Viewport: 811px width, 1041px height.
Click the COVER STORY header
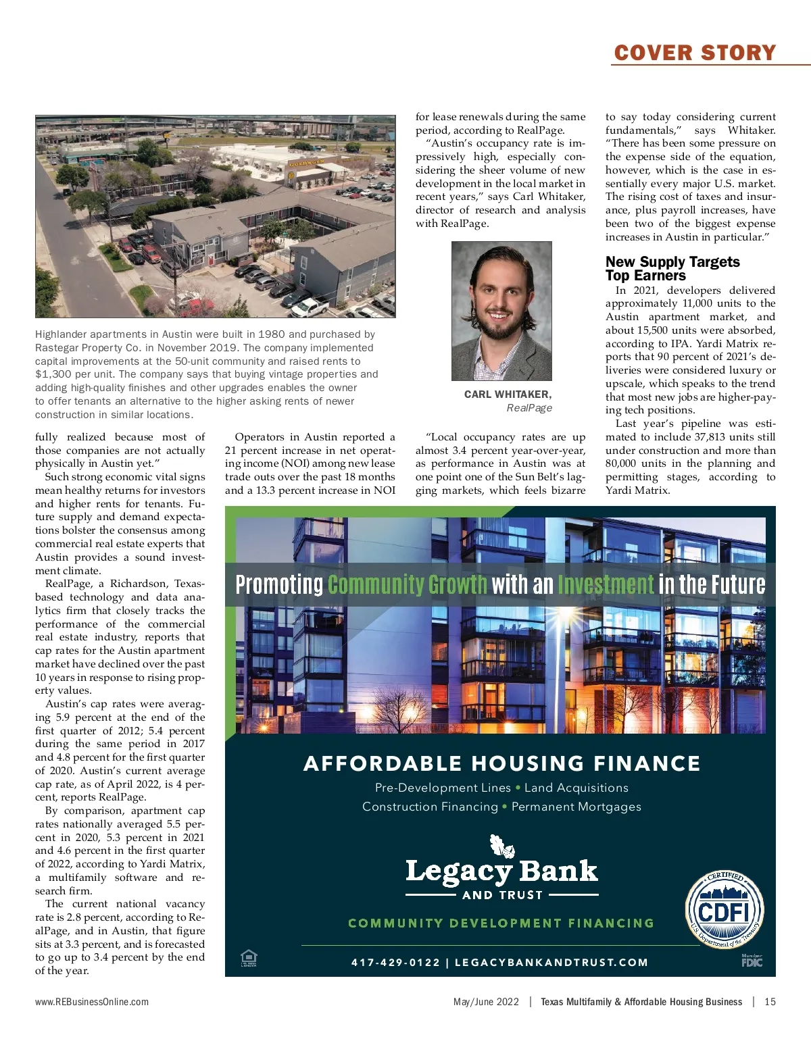(x=695, y=53)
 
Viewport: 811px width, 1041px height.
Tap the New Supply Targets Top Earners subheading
(x=672, y=268)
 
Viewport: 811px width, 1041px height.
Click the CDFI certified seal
(x=724, y=909)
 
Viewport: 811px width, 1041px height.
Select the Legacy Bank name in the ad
(x=501, y=871)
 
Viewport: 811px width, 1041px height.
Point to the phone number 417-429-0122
(x=395, y=963)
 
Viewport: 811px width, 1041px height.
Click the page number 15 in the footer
(x=770, y=1002)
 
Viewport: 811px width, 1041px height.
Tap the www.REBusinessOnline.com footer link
(x=92, y=1002)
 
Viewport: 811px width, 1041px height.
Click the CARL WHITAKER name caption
(x=508, y=395)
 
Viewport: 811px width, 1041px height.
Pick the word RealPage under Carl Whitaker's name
(x=529, y=408)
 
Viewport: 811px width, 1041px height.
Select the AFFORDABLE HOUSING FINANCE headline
(x=501, y=763)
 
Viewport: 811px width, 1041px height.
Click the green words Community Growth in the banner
(x=407, y=584)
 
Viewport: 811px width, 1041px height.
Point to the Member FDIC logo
(x=752, y=961)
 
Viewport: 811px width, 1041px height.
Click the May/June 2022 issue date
(x=486, y=1002)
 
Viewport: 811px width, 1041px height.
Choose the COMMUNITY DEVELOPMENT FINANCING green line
(x=501, y=923)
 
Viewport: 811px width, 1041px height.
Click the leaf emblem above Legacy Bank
(x=501, y=846)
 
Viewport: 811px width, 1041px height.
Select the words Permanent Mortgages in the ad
(x=576, y=807)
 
